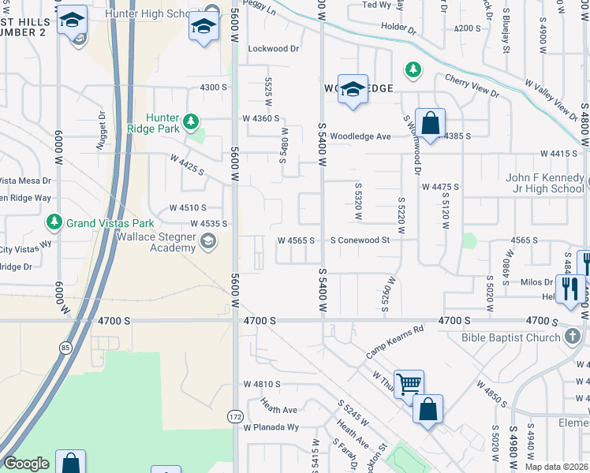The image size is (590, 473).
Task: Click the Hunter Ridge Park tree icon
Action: coord(191,121)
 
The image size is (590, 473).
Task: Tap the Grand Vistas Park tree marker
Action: coord(54,222)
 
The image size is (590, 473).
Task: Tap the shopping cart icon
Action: coord(409,385)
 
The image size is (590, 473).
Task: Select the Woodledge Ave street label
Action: coord(360,136)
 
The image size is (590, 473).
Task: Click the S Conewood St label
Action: coord(360,240)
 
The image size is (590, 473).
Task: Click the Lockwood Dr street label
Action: coord(274,48)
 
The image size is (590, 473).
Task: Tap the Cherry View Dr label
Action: coord(472,86)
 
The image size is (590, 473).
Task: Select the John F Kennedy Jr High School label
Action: coord(545,183)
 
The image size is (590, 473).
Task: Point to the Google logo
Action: coord(26,464)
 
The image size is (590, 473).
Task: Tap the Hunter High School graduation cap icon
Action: coord(204,28)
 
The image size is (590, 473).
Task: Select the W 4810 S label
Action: coord(262,384)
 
